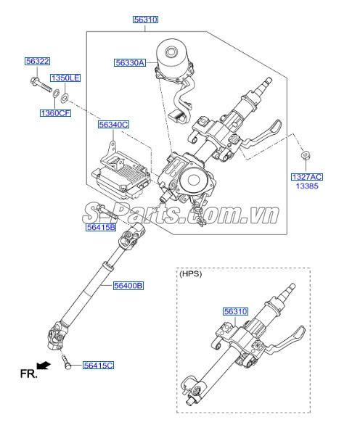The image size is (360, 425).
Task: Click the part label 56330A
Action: (x=130, y=63)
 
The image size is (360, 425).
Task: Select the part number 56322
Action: (x=38, y=61)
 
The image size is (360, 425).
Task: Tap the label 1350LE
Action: (x=65, y=78)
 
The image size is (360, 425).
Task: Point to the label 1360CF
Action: (x=56, y=113)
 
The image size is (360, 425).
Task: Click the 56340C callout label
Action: (x=113, y=125)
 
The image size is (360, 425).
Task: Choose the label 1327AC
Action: (x=307, y=177)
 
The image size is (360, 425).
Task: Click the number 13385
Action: (x=307, y=186)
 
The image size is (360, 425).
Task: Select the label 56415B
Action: (x=101, y=227)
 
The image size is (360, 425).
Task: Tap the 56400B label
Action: (x=128, y=286)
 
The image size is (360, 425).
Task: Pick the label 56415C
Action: (x=98, y=366)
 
